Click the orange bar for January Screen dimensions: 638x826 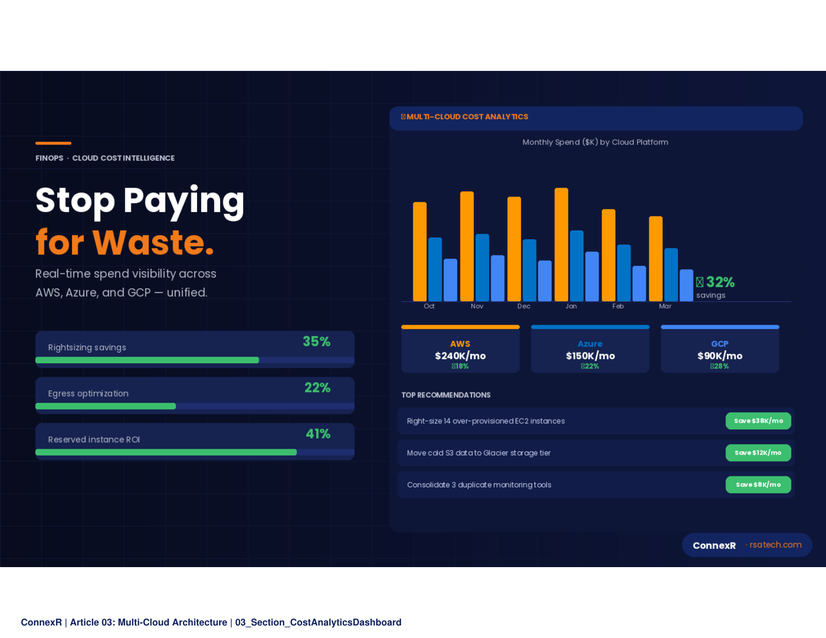(561, 245)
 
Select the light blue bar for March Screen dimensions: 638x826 (686, 285)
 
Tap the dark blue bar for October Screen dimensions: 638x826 (435, 269)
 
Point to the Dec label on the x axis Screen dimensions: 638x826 (524, 306)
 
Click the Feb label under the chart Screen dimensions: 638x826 (618, 306)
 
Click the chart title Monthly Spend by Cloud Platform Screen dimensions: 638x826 (595, 142)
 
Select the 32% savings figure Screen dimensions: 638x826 (720, 282)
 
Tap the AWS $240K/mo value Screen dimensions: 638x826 (460, 356)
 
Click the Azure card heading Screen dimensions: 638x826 (590, 344)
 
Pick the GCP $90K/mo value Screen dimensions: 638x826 (720, 356)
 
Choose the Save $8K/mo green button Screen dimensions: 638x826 (758, 485)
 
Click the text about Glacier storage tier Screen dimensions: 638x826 (478, 453)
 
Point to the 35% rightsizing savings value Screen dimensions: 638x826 (317, 342)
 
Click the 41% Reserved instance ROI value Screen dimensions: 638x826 (318, 434)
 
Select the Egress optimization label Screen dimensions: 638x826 (88, 394)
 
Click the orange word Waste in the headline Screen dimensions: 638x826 (153, 243)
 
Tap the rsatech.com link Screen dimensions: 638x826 (775, 545)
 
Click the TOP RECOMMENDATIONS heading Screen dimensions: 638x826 (446, 395)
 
